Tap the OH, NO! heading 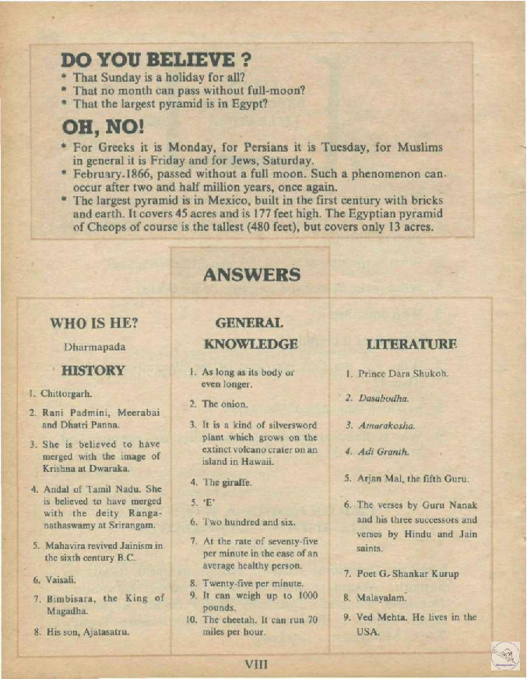[102, 126]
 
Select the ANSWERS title [251, 274]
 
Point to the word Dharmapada [95, 347]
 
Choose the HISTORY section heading [93, 371]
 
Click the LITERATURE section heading [411, 343]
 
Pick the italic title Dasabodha [383, 398]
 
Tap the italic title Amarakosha [386, 425]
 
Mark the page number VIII [257, 664]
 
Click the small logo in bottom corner [504, 656]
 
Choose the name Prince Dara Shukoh [402, 373]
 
